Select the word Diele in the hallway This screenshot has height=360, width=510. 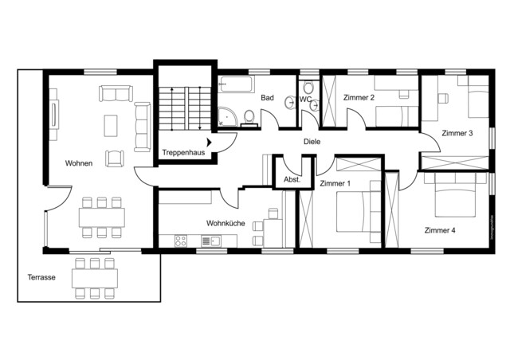point(312,141)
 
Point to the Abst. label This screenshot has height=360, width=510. point(292,180)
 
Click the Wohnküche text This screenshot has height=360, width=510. point(225,224)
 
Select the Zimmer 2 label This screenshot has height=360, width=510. point(359,97)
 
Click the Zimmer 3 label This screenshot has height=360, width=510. point(459,133)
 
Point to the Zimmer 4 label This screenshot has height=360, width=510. point(440,230)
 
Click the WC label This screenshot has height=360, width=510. point(305,100)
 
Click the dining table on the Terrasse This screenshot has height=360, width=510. point(96,278)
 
